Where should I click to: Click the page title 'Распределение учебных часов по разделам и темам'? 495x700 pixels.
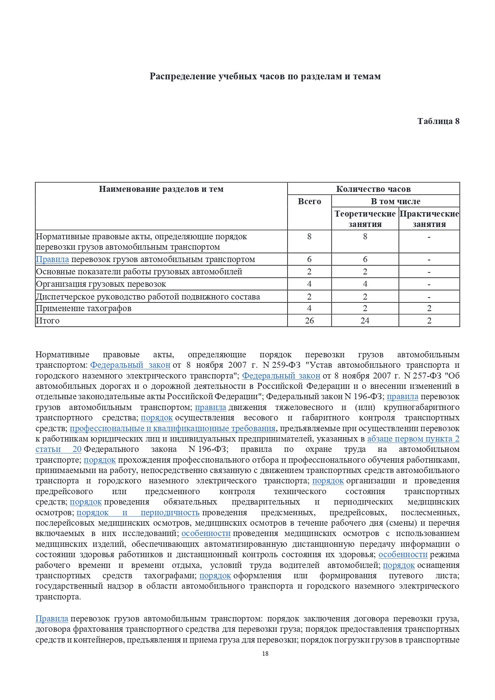tap(265, 77)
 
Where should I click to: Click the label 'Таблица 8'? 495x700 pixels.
tap(438, 121)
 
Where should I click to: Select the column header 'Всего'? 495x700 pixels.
tap(309, 201)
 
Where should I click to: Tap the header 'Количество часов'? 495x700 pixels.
tap(373, 189)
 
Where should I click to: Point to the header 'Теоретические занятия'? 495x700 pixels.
tap(365, 219)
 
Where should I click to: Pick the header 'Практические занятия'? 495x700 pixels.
tap(429, 219)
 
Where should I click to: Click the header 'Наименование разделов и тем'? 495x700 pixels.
tap(161, 189)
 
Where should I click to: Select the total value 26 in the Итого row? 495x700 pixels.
tap(309, 321)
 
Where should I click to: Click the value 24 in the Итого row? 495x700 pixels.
tap(365, 321)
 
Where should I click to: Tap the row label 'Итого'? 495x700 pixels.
tap(48, 321)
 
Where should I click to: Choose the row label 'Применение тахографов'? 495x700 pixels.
tap(84, 308)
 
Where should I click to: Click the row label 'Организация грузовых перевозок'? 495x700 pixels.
tap(101, 284)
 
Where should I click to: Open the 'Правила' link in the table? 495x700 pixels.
tap(52, 259)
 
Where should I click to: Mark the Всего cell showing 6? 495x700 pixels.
tap(309, 259)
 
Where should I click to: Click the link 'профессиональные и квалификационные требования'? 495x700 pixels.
tap(172, 428)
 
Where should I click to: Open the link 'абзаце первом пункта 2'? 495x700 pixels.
tap(413, 439)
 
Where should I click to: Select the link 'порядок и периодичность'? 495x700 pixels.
tap(138, 513)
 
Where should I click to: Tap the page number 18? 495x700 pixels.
tap(265, 653)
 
